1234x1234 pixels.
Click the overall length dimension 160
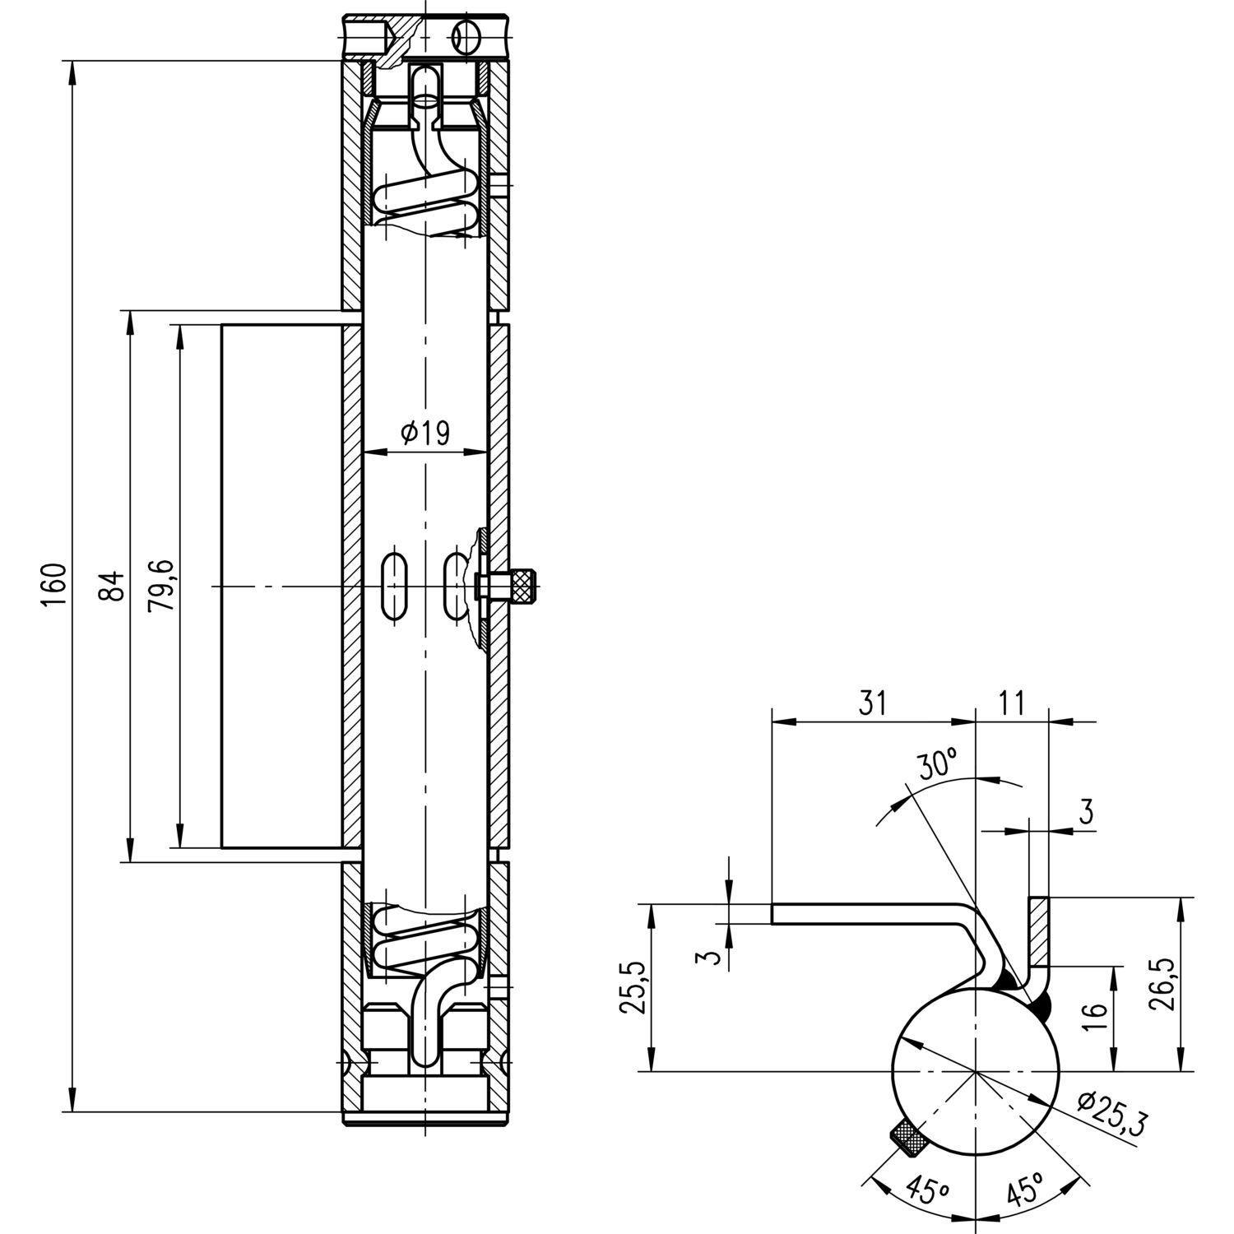point(53,586)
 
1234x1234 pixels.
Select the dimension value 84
point(113,586)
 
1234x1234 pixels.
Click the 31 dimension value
point(873,703)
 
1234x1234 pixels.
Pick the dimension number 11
point(1011,703)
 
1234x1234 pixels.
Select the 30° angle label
point(938,766)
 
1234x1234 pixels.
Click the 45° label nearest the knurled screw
point(924,1190)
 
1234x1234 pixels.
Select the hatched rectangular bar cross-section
point(1039,931)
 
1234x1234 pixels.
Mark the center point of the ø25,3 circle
point(976,1072)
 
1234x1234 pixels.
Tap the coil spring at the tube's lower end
point(426,941)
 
